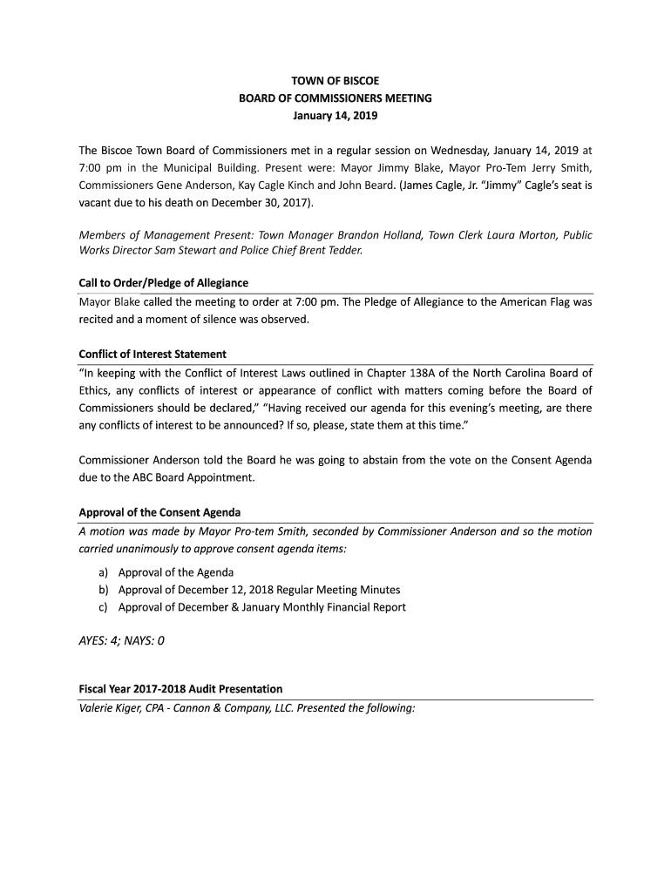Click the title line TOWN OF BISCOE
(x=335, y=81)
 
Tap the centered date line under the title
(x=335, y=115)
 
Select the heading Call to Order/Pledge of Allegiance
(x=164, y=283)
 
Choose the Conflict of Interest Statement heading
(x=152, y=354)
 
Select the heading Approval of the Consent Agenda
(x=159, y=511)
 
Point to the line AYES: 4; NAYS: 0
(x=122, y=641)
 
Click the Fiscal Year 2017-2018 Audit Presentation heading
(x=180, y=689)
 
